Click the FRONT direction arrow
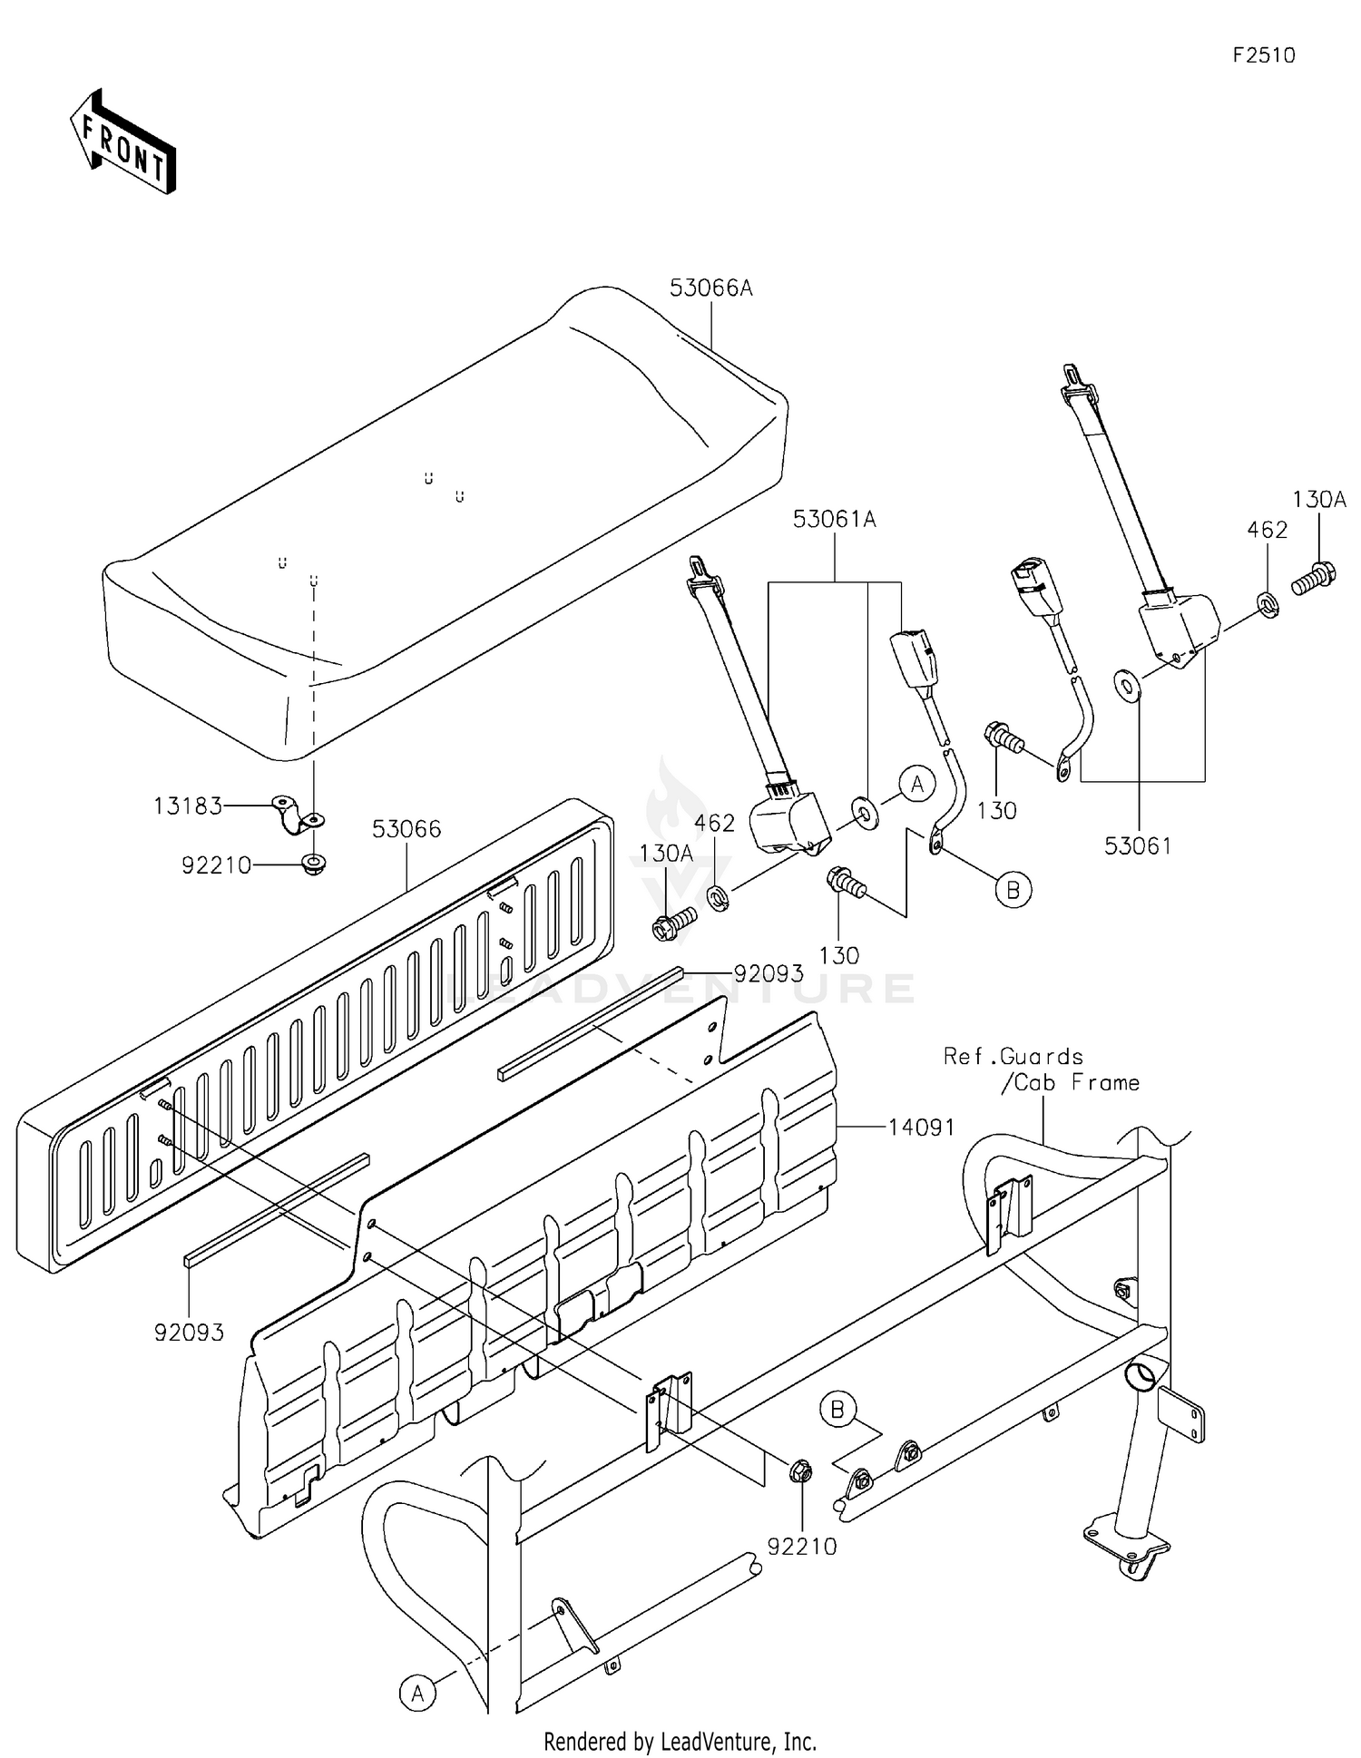pos(122,142)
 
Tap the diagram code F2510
pos(1264,55)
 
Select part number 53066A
pos(711,288)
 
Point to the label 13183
pos(188,806)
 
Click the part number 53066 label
pos(406,829)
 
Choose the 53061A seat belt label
pos(835,520)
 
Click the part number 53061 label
pos(1138,845)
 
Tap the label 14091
pos(921,1128)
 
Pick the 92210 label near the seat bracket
pos(216,865)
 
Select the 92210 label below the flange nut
pos(802,1547)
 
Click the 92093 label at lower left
pos(189,1333)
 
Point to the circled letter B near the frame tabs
pos(837,1410)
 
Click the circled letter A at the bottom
pos(417,1694)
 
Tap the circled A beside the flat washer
pos(917,784)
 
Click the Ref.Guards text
pos(1013,1057)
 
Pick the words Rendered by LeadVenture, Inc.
pos(680,1742)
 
